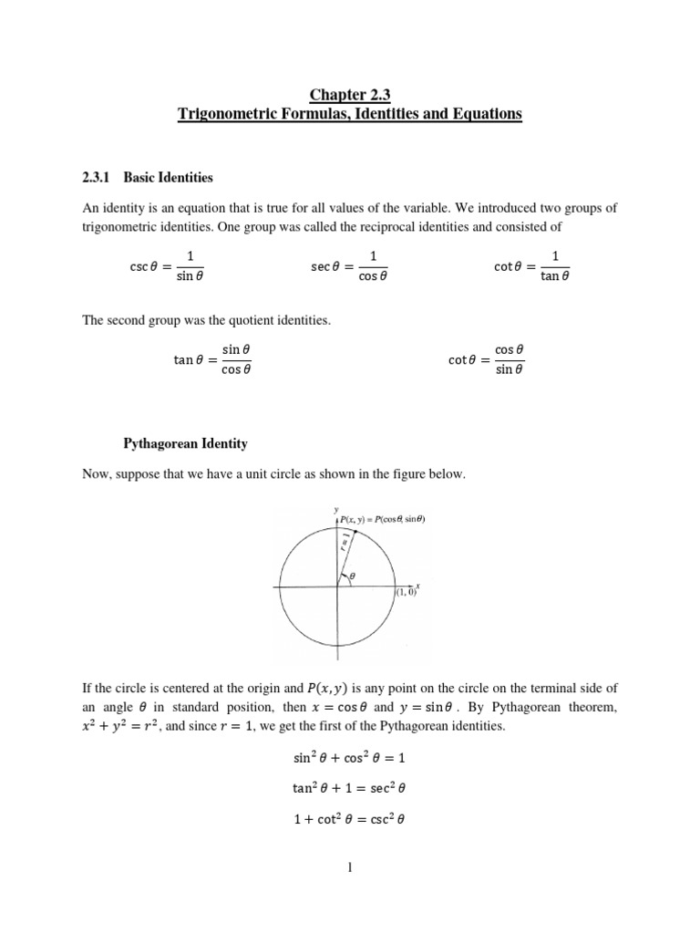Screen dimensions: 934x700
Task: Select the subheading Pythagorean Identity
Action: (185, 443)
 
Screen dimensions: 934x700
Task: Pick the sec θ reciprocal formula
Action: (348, 265)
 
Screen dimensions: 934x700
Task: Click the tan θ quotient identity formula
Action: (212, 359)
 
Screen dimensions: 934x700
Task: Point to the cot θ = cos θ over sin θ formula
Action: (487, 359)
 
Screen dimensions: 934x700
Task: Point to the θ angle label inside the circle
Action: (353, 576)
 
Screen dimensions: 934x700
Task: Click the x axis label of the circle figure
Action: (417, 585)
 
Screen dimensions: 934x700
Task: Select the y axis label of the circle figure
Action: (336, 509)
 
